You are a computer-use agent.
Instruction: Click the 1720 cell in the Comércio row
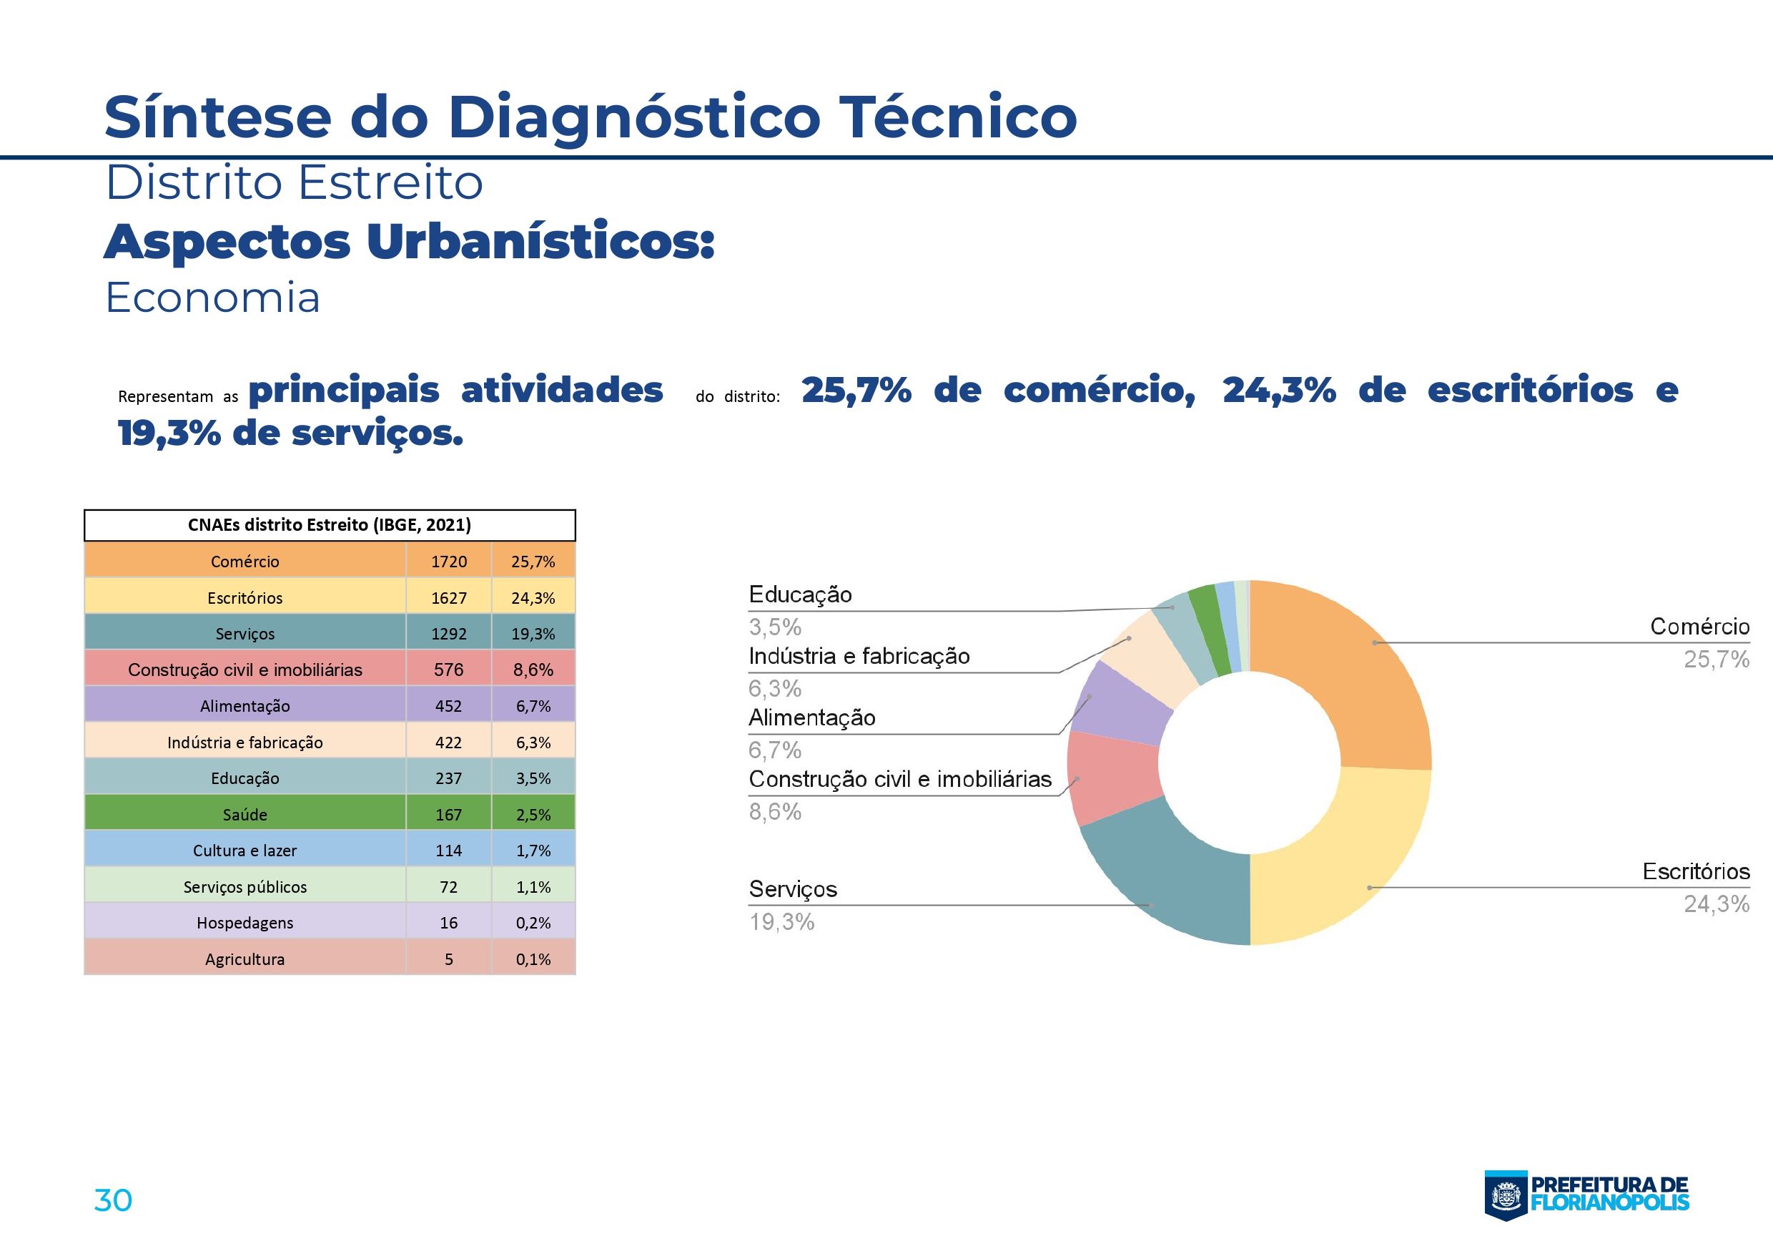[x=449, y=562]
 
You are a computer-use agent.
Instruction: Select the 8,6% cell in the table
[x=533, y=670]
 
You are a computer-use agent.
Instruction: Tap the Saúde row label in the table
[x=245, y=814]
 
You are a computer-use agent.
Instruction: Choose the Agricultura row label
[x=245, y=959]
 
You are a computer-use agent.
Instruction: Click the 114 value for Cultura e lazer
[x=449, y=851]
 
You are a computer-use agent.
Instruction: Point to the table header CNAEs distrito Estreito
[x=329, y=525]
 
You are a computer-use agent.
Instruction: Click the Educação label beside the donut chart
[x=800, y=595]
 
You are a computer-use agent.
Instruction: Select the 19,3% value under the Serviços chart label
[x=781, y=922]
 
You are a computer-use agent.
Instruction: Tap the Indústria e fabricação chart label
[x=859, y=657]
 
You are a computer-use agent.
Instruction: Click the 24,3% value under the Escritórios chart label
[x=1716, y=904]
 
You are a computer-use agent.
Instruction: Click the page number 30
[x=113, y=1200]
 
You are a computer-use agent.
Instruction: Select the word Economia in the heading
[x=212, y=298]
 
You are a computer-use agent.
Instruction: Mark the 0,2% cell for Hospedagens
[x=533, y=923]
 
